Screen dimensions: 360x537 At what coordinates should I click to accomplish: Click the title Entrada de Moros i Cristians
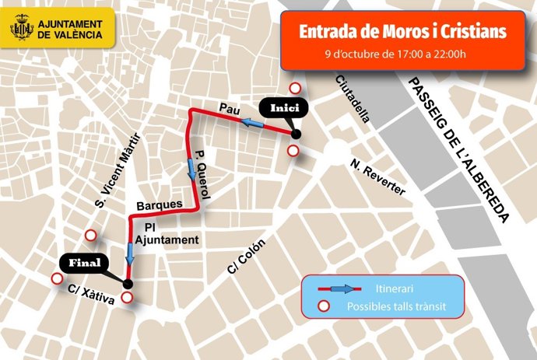403,31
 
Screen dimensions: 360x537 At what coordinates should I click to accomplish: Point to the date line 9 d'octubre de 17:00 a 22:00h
396,54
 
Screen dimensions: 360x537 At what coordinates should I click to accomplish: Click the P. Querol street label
203,175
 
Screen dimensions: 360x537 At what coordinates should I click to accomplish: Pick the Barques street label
159,206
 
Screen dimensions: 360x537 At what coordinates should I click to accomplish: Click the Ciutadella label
353,98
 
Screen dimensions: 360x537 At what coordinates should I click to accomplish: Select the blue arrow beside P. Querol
189,167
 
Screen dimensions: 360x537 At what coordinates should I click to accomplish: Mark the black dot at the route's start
296,134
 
